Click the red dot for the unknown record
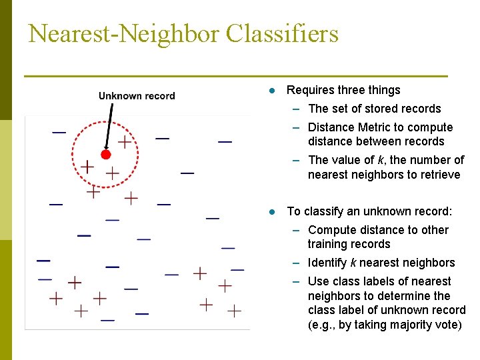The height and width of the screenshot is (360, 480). tap(105, 155)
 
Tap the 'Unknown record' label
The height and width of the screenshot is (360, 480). tap(137, 96)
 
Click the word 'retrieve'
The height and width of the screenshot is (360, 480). tap(438, 175)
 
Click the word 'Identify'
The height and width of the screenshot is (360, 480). tap(329, 263)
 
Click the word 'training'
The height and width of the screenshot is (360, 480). tap(329, 244)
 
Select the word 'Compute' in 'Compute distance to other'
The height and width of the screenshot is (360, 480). tap(331, 230)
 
